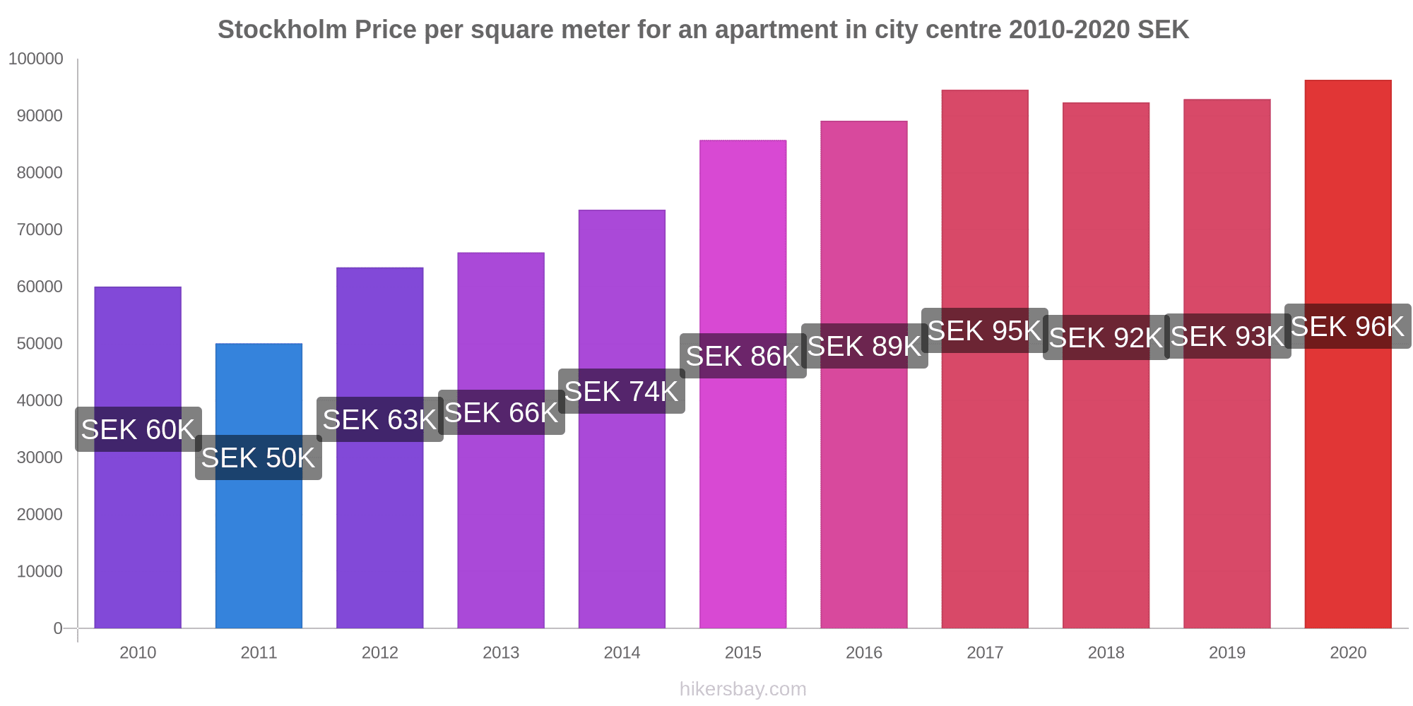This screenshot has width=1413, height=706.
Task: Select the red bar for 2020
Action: click(x=1347, y=494)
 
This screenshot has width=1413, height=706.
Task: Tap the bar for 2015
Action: click(x=743, y=494)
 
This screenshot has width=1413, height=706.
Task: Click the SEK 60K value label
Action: click(x=138, y=429)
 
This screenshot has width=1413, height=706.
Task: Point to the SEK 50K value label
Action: click(x=259, y=457)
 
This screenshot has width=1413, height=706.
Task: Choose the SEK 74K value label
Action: click(x=622, y=391)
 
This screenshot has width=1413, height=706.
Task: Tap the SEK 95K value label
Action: click(x=985, y=330)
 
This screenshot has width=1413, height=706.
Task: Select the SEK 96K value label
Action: click(x=1347, y=326)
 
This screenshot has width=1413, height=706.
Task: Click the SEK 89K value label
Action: click(x=864, y=346)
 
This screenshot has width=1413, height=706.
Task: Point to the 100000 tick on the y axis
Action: click(x=36, y=59)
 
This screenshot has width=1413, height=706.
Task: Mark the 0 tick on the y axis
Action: click(x=58, y=628)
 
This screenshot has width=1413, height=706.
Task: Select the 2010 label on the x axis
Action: click(x=138, y=652)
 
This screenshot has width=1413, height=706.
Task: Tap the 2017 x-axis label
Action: click(x=985, y=652)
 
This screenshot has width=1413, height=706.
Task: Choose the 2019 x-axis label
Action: click(x=1227, y=652)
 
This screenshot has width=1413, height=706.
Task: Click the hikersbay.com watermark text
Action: click(x=743, y=689)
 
